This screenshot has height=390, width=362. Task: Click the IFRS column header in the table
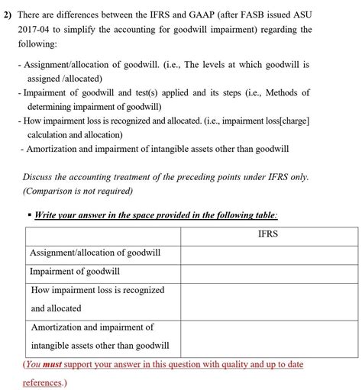[x=267, y=234]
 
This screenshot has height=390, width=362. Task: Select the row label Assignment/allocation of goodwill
[x=95, y=253]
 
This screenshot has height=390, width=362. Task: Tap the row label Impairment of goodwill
[x=75, y=271]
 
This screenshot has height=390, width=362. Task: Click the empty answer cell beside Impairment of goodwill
[x=269, y=271]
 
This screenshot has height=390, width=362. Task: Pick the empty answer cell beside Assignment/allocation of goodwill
[x=269, y=253]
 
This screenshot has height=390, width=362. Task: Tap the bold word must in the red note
[x=52, y=365]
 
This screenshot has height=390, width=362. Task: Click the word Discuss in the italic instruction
[x=40, y=176]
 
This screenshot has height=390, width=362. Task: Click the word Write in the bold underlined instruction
[x=49, y=216]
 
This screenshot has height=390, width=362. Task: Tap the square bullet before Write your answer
[x=27, y=216]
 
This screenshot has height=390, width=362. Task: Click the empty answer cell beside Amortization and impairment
[x=269, y=336]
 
